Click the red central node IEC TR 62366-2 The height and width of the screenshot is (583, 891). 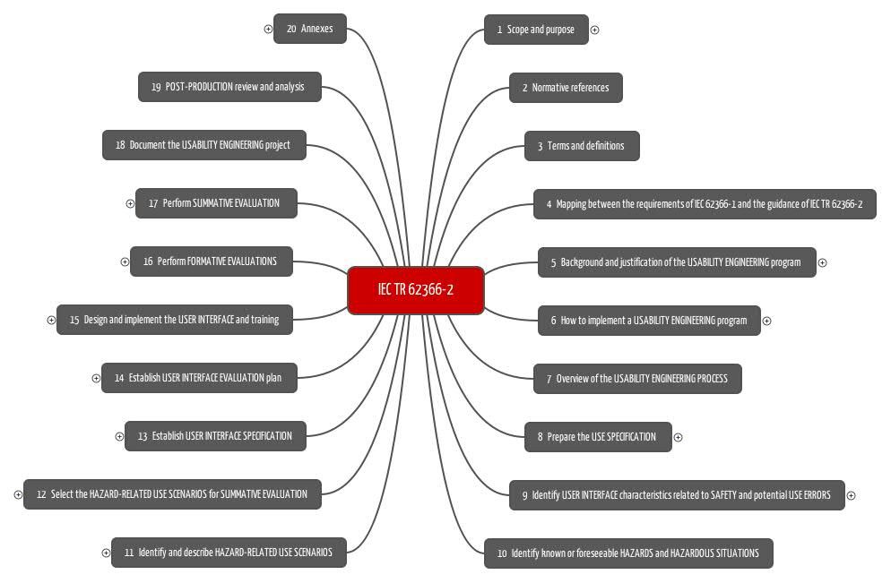(416, 290)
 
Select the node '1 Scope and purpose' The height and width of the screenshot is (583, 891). (536, 30)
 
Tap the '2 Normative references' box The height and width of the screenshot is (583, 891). (566, 88)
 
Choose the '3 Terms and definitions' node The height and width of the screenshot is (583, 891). (582, 146)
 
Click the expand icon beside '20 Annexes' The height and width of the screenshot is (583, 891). (268, 29)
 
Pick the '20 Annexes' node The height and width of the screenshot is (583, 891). (309, 29)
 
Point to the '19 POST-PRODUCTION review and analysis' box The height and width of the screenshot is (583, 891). (229, 87)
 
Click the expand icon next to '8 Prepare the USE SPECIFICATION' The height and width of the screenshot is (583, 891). (678, 437)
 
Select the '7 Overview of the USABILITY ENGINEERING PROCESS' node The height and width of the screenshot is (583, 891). (637, 379)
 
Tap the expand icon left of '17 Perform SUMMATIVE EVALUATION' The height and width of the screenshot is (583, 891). (130, 204)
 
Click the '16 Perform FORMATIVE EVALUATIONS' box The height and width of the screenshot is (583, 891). (212, 261)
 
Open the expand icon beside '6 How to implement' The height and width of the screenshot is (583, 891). (766, 322)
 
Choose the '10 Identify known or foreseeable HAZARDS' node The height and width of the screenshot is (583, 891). (628, 553)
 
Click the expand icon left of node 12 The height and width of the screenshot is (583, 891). (18, 495)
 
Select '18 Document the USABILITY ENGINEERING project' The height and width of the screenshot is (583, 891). (204, 145)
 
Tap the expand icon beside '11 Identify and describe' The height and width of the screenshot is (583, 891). (106, 553)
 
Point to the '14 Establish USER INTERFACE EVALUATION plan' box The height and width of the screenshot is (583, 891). (199, 378)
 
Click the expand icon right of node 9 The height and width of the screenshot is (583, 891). (851, 495)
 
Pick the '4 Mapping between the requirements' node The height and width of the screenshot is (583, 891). (705, 204)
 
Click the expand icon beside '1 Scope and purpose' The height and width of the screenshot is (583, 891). (594, 30)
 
